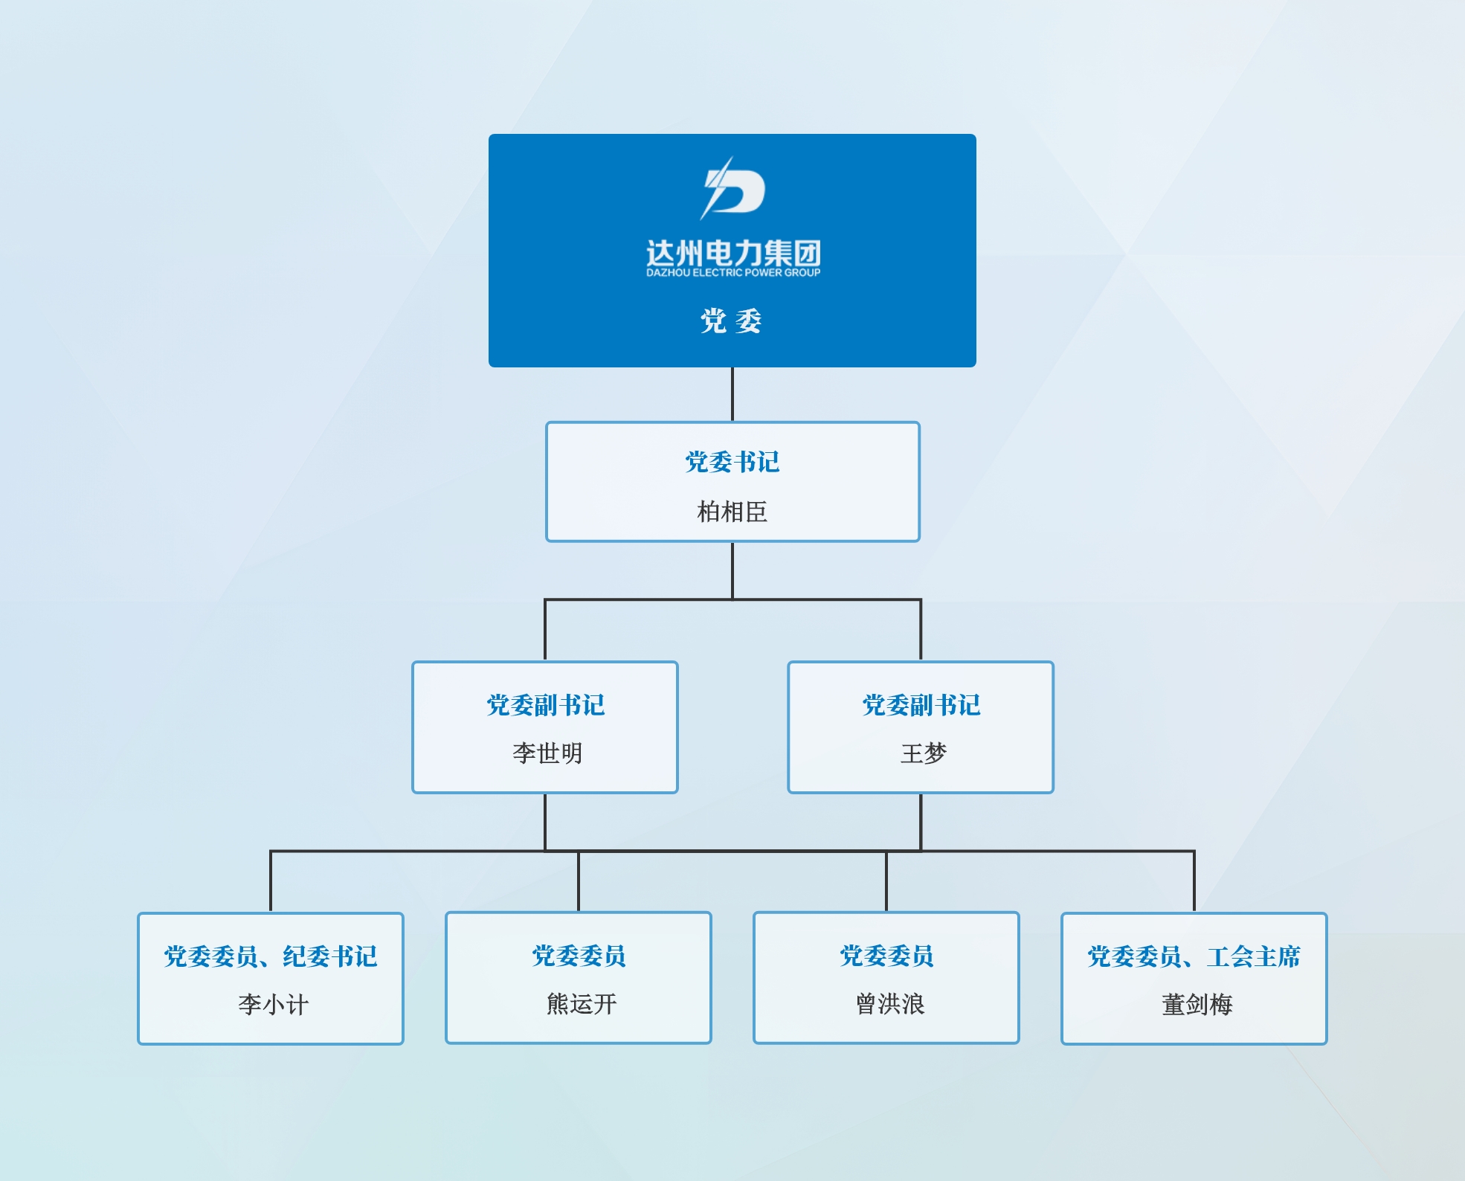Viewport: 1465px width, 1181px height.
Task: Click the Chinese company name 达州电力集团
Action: click(732, 253)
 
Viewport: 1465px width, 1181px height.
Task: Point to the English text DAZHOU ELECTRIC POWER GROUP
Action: click(732, 273)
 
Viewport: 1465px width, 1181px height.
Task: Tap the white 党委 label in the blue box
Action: click(732, 321)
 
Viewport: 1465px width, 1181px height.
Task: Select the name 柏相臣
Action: click(732, 512)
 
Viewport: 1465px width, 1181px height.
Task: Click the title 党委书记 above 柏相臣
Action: click(732, 462)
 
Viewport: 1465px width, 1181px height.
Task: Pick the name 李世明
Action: click(547, 753)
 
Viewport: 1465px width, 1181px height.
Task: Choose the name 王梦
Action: click(923, 753)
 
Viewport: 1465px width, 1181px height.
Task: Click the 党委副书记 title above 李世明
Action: click(545, 705)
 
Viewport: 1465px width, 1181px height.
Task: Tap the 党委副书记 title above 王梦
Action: click(921, 705)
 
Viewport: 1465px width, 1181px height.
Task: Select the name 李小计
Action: click(273, 1005)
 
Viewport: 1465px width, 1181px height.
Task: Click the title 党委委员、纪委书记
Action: click(271, 956)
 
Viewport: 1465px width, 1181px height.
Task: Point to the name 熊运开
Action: click(581, 1005)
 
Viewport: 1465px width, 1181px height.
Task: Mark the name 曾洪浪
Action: click(889, 1005)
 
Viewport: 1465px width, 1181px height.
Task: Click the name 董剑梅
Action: click(1197, 1005)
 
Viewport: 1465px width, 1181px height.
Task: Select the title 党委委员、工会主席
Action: click(1194, 956)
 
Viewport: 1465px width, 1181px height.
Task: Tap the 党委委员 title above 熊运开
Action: click(579, 956)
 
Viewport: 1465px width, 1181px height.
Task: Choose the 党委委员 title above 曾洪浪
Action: click(886, 956)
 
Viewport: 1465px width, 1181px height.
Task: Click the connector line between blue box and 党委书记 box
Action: click(732, 394)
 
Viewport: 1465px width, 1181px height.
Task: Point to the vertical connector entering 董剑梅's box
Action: click(1194, 881)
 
